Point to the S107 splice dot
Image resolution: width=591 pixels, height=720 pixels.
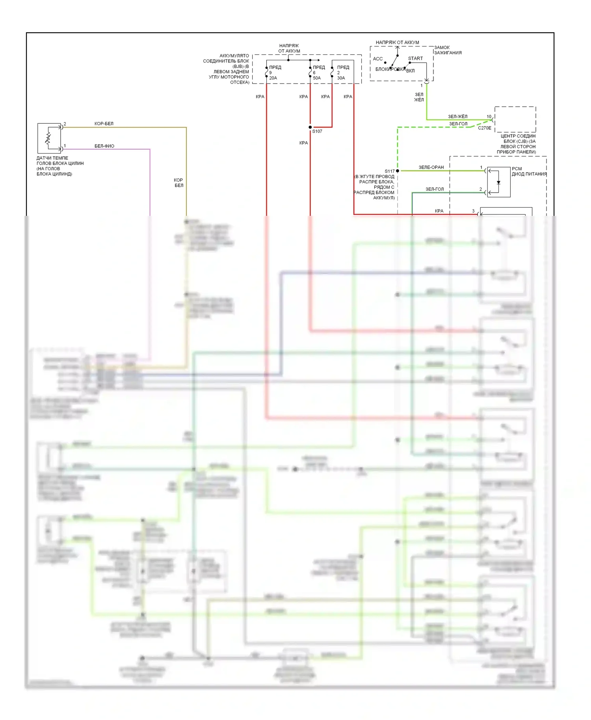tap(310, 127)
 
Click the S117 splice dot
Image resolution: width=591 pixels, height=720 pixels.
tap(398, 171)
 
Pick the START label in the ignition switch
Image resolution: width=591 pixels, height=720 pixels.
tap(415, 58)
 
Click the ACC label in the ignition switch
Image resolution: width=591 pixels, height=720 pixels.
tap(377, 59)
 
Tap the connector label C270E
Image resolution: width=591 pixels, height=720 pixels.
tap(484, 128)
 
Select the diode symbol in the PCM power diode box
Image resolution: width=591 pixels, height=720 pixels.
tap(498, 182)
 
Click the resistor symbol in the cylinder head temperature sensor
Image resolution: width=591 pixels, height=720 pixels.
tap(48, 138)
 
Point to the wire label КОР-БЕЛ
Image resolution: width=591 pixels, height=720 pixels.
tap(104, 124)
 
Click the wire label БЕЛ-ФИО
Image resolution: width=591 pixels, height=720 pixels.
tap(104, 146)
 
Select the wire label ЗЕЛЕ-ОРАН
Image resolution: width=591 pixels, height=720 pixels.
tap(431, 167)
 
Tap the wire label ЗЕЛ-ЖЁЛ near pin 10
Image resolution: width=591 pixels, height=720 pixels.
tap(457, 117)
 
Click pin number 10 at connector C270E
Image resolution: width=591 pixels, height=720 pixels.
tap(489, 117)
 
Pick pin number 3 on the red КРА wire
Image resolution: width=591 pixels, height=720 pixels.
tap(473, 211)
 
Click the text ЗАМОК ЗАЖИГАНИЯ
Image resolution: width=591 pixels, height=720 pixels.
tap(448, 50)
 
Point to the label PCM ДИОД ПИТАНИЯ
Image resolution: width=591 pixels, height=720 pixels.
tap(529, 171)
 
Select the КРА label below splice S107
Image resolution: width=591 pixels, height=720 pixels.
tap(303, 143)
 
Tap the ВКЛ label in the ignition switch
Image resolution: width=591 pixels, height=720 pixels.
tap(410, 71)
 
